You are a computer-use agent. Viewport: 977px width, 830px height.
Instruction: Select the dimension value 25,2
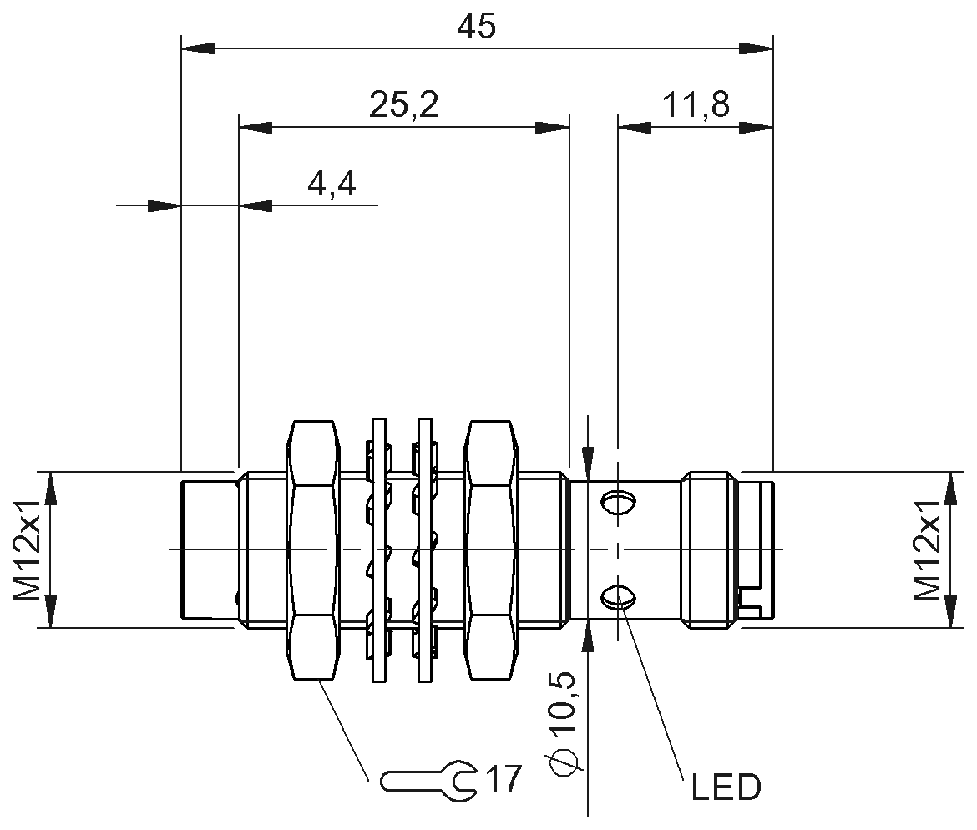[403, 106]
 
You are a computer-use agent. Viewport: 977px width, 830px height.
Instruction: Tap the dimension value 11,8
[696, 106]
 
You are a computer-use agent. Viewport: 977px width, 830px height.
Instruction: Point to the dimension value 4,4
[332, 184]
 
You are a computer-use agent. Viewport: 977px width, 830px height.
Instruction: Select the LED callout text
[726, 787]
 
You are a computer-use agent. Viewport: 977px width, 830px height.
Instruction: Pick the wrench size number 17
[504, 779]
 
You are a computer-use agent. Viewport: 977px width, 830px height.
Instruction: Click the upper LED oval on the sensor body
[617, 502]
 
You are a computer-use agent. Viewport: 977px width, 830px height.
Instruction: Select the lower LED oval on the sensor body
[617, 595]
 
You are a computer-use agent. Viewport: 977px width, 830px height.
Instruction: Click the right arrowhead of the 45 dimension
[757, 48]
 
